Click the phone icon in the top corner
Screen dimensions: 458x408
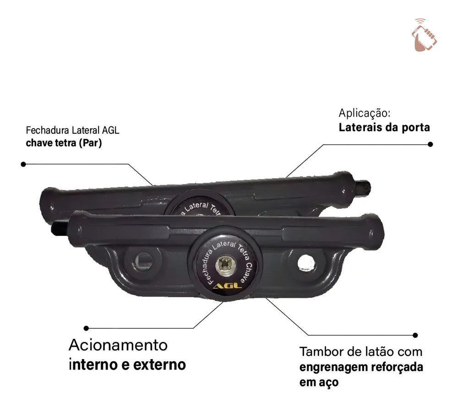[424, 35]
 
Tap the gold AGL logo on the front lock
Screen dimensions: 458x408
[228, 285]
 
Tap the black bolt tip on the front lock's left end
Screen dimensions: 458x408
[60, 228]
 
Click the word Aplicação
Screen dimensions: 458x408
[364, 113]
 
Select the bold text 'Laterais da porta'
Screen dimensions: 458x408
[384, 127]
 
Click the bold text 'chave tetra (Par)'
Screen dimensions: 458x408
[64, 143]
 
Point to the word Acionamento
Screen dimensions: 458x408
[118, 345]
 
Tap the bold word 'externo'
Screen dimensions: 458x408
[159, 365]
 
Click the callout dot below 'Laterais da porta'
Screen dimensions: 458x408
[430, 144]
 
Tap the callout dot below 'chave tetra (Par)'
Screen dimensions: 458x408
[23, 164]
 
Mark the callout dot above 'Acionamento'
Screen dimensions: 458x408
[86, 328]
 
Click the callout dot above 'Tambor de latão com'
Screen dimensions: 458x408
[415, 335]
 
